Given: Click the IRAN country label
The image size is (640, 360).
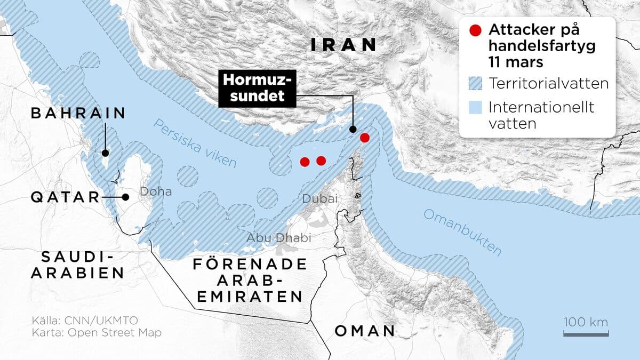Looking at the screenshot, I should click(343, 45).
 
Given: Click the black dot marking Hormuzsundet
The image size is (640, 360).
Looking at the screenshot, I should click(353, 129).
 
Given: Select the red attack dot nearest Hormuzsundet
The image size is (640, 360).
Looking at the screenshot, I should click(365, 138).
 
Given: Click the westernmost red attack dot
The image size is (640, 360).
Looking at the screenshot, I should click(305, 162).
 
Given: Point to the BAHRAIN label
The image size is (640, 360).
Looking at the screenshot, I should click(78, 113).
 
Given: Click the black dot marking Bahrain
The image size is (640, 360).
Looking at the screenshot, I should click(105, 153).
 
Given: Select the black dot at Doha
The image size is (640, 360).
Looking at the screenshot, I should click(125, 197).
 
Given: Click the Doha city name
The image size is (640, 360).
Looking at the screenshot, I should click(156, 191).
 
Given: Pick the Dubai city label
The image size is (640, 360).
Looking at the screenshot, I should click(320, 199).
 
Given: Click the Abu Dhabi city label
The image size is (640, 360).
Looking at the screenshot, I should click(278, 238).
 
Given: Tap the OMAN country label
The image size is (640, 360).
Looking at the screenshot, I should click(365, 331).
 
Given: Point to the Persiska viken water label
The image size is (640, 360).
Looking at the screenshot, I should click(194, 144).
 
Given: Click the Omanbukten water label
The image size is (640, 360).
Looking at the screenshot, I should click(462, 232).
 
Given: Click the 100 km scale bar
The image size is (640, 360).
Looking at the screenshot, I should click(586, 334).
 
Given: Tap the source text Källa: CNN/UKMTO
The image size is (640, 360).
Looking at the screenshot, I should click(85, 321).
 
